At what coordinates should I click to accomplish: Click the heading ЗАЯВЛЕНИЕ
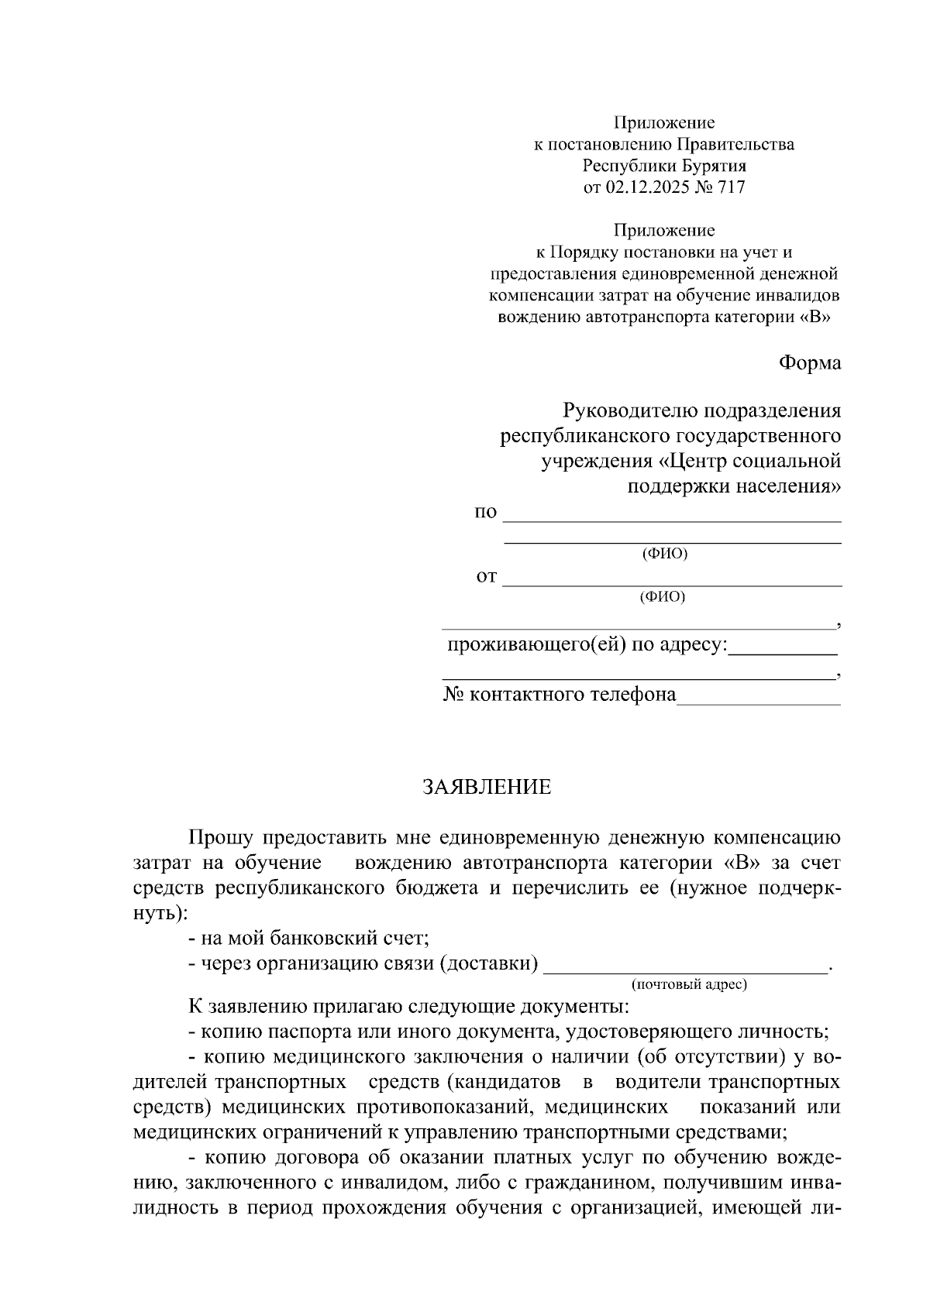coord(486,788)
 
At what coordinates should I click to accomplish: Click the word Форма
coord(809,362)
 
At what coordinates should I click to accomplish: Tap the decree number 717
coord(732,187)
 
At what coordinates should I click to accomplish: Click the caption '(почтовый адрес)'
coord(689,984)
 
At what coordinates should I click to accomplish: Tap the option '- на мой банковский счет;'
coord(308,939)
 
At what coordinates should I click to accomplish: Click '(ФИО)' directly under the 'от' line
coord(663,597)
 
